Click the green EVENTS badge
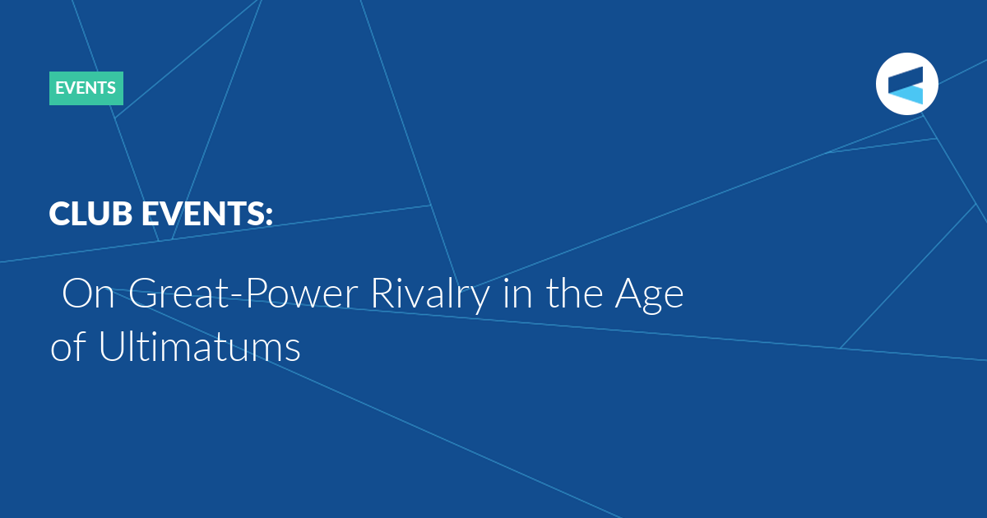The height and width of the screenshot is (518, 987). click(86, 88)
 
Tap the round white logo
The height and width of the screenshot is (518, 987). click(906, 84)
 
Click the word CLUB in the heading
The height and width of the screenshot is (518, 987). click(90, 213)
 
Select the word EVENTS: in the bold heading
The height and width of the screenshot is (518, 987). click(207, 213)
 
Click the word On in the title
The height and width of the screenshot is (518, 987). click(89, 294)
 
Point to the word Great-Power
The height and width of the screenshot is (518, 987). click(243, 293)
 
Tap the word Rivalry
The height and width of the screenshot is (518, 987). click(430, 295)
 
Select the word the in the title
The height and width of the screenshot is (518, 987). click(574, 292)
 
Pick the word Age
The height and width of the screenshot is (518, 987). click(650, 295)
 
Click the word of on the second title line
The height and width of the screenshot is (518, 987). click(67, 345)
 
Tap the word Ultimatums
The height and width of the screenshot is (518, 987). click(200, 345)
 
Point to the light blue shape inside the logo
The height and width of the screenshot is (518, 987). click(908, 95)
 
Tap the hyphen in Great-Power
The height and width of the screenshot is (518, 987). click(236, 298)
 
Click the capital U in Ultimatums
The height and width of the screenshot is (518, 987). click(112, 346)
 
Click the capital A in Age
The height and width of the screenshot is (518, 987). click(629, 294)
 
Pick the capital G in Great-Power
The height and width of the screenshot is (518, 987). click(143, 294)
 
